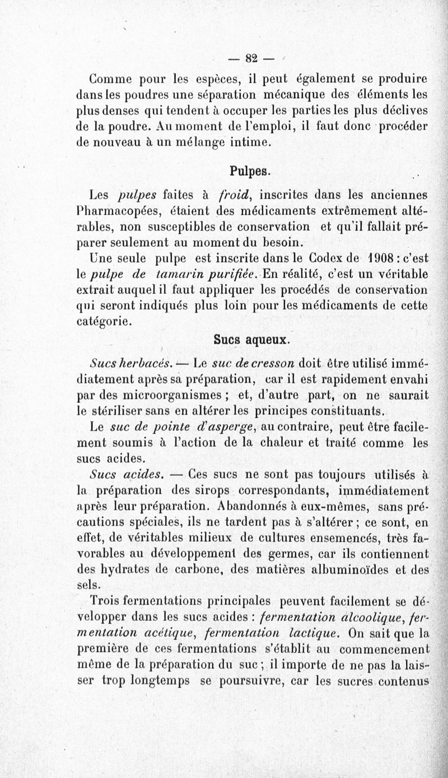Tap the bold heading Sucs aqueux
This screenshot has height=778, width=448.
pos(251,339)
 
